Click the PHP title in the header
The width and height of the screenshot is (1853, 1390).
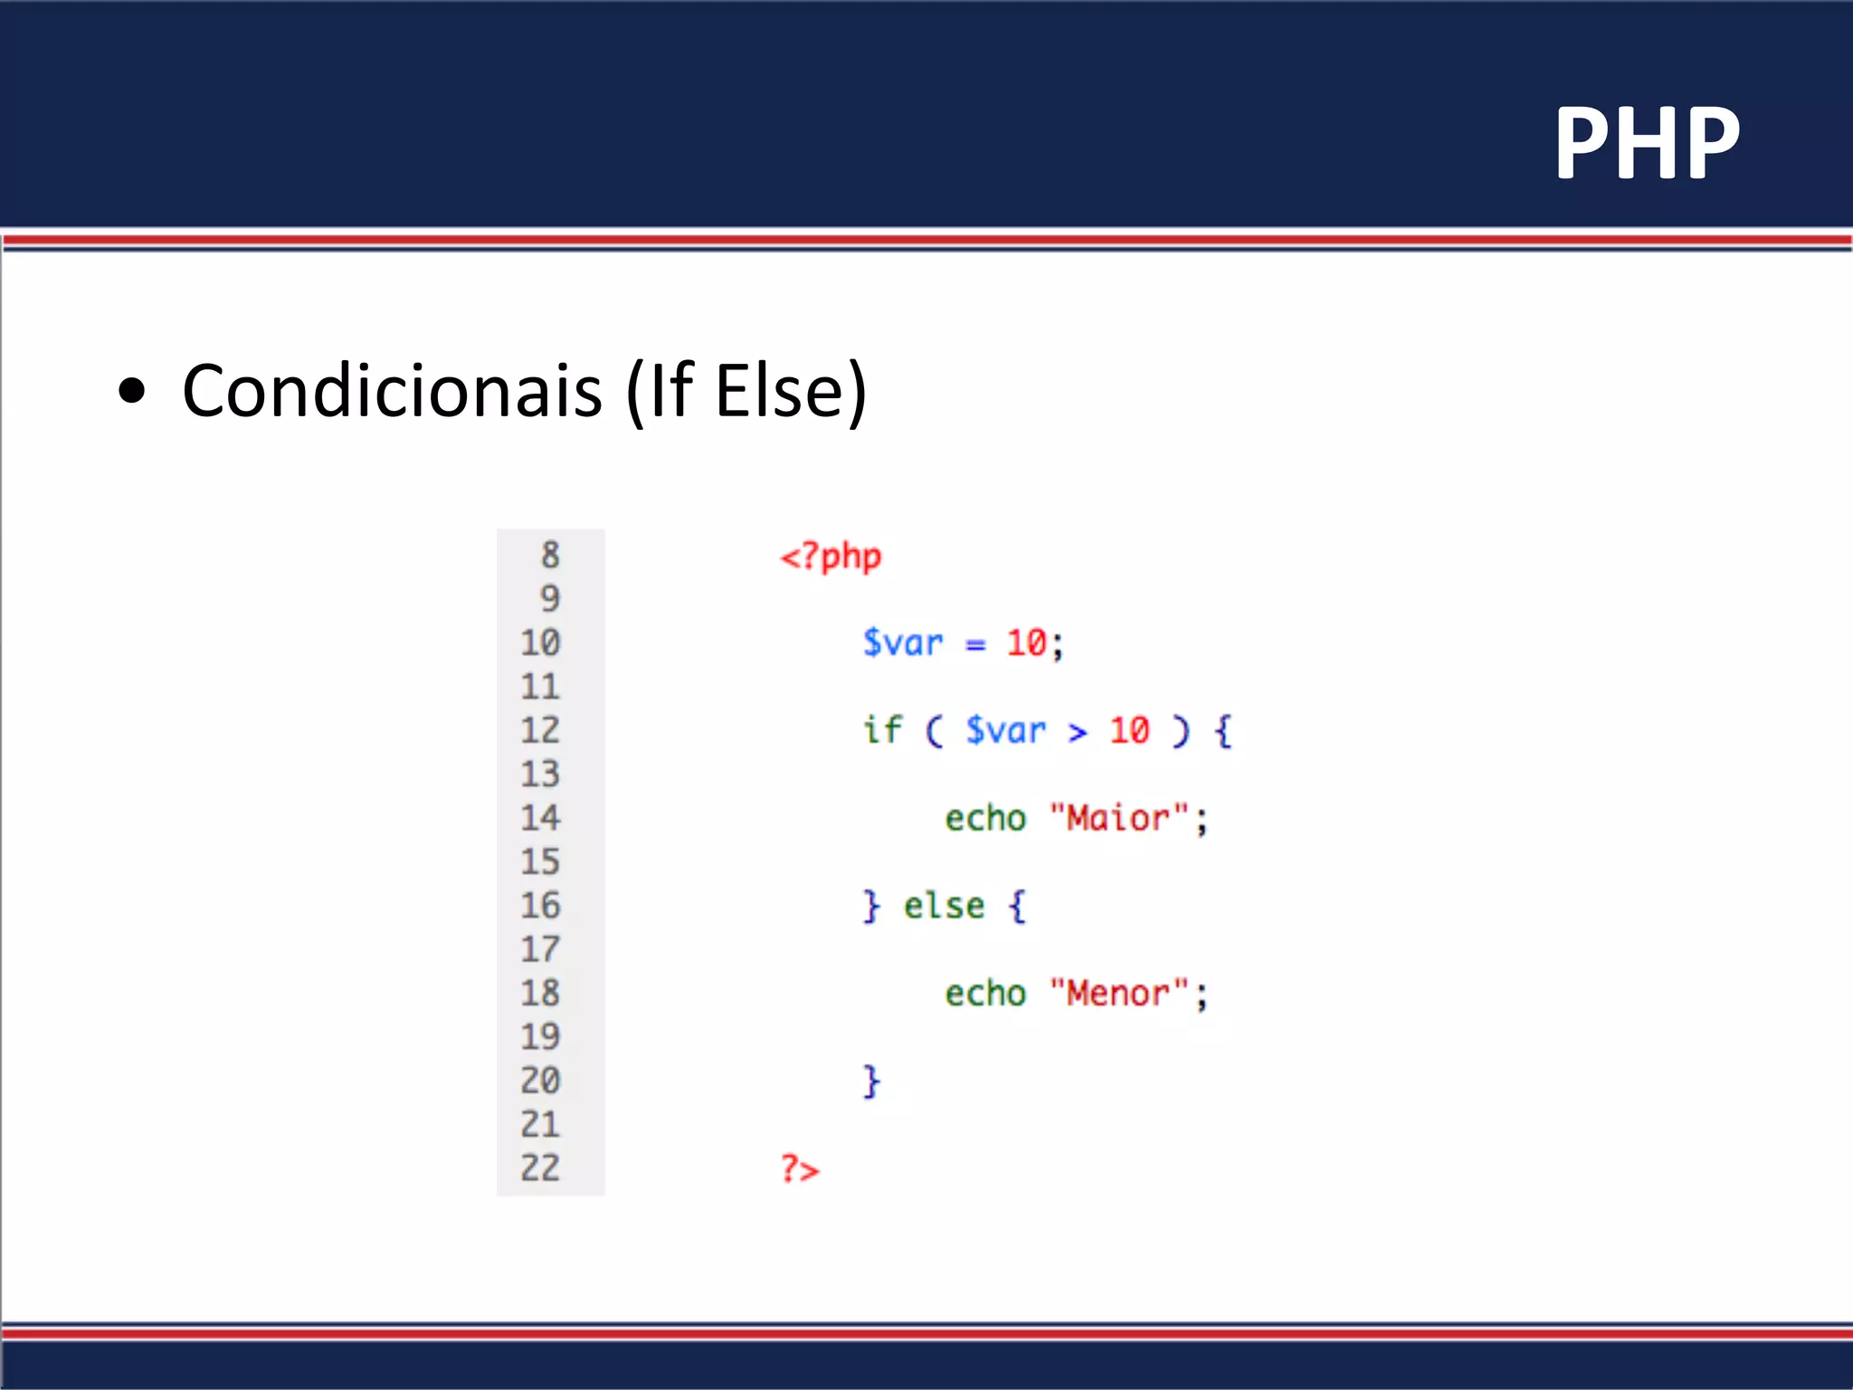tap(1647, 143)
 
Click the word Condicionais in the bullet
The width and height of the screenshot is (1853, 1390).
tap(392, 391)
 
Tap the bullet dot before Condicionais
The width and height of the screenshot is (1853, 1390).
tap(132, 391)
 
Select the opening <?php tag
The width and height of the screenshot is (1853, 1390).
tap(831, 557)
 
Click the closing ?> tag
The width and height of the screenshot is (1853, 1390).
tap(800, 1169)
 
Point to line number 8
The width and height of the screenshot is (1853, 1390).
tap(550, 556)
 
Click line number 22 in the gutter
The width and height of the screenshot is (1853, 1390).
tap(540, 1167)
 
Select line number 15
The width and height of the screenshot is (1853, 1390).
tap(540, 862)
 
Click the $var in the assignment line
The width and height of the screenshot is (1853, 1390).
tap(902, 643)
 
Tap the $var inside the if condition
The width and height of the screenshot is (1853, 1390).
tap(1005, 730)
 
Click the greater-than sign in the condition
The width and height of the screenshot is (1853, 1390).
tap(1077, 732)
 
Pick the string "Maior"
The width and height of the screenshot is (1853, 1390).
tap(1118, 818)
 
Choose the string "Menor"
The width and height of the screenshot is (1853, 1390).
tap(1118, 994)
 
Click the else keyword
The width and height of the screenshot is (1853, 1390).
tap(944, 906)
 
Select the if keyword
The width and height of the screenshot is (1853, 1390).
tap(882, 729)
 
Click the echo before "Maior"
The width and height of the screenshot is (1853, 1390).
tap(985, 819)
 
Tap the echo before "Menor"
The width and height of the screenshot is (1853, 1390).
tap(985, 994)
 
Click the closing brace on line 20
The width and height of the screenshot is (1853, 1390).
tap(870, 1081)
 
